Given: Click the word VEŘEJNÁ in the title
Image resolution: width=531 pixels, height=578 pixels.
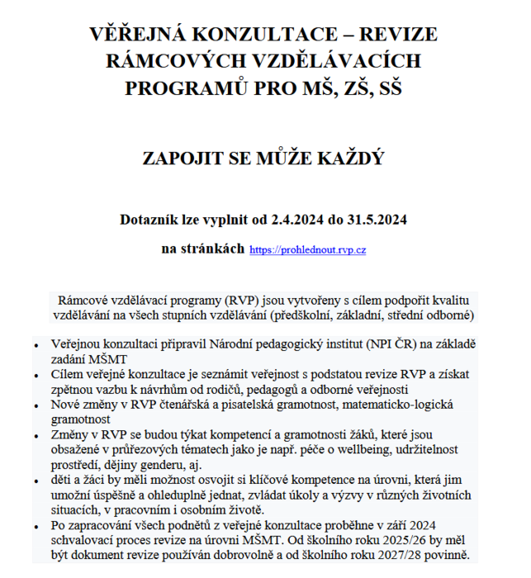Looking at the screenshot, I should pyautogui.click(x=139, y=36).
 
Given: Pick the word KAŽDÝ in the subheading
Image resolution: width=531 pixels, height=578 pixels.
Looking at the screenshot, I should pyautogui.click(x=348, y=158).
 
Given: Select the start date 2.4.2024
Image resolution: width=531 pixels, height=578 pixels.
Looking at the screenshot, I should pyautogui.click(x=292, y=220).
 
